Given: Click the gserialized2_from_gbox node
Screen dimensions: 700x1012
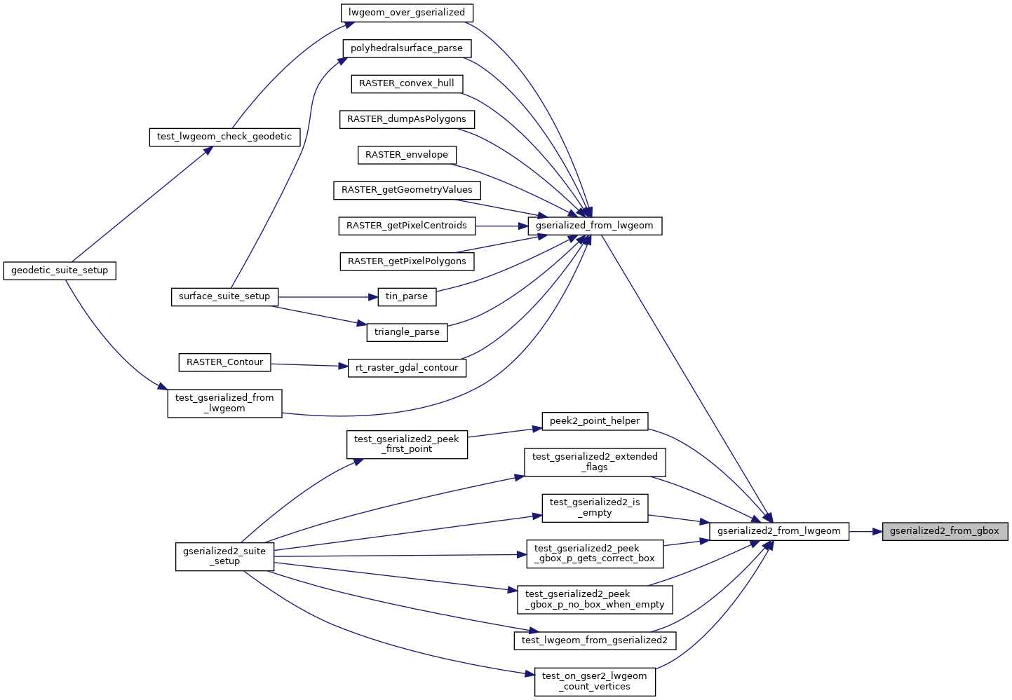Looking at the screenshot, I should pos(944,531).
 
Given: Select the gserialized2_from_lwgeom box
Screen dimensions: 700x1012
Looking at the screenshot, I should pos(778,531).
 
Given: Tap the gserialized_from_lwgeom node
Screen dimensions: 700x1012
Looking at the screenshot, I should pos(594,226).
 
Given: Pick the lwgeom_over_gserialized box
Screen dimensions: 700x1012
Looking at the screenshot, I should pos(407,13).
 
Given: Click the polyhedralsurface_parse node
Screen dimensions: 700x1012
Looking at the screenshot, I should pos(407,48).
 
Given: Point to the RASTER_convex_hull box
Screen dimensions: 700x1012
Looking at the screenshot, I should pos(407,83).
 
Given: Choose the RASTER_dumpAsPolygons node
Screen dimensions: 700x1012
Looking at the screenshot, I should pos(407,119).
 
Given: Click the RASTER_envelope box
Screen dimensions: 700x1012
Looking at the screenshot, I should pos(407,155).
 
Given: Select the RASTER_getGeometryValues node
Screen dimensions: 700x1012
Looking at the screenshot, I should pos(407,190).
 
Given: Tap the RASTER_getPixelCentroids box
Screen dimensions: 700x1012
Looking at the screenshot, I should pos(407,226).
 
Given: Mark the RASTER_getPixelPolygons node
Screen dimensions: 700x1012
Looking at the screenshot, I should pos(407,261).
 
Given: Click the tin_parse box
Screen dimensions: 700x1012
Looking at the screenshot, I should pos(407,296).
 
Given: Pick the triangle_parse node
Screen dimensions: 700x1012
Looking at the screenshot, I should pos(407,332).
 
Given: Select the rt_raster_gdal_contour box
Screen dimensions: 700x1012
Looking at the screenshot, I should pos(407,368).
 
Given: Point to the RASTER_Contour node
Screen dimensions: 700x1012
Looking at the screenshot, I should pos(224,362).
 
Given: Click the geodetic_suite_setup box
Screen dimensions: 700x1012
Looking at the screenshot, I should pos(60,270).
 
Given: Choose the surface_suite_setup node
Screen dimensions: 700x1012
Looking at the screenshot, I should pos(224,296).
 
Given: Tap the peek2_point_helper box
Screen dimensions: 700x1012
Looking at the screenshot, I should pos(595,421).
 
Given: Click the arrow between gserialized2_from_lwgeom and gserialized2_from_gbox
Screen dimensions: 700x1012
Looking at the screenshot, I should pos(866,531).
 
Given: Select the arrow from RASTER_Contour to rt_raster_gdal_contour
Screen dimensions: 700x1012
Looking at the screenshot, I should pos(309,365).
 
